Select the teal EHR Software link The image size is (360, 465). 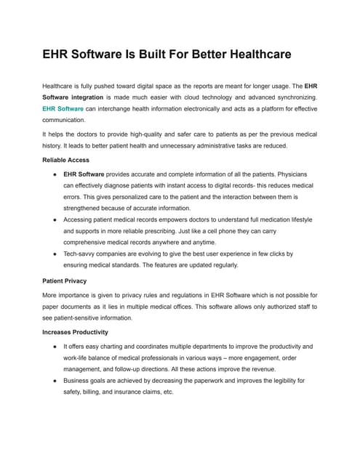click(x=63, y=108)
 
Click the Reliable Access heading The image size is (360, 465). click(x=66, y=159)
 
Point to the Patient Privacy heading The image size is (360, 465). click(x=65, y=280)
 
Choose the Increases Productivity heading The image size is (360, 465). click(x=76, y=331)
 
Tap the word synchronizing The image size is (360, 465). click(x=291, y=97)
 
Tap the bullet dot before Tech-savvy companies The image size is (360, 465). click(x=56, y=254)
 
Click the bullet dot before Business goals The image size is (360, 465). click(x=56, y=380)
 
